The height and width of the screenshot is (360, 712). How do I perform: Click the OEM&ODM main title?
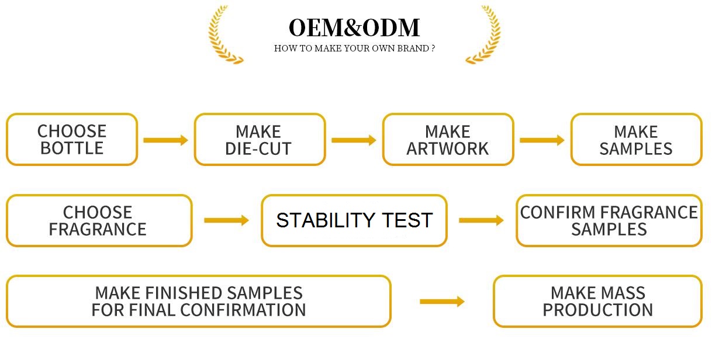[x=354, y=27]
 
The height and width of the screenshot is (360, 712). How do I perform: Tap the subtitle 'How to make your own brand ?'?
[x=354, y=49]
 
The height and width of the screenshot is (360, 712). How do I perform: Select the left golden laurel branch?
[x=224, y=34]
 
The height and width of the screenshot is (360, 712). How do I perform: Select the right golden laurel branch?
[x=484, y=34]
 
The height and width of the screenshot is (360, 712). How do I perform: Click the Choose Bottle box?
[x=72, y=140]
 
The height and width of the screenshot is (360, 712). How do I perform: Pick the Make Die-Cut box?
[x=260, y=140]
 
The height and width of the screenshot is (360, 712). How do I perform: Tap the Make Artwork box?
[x=448, y=140]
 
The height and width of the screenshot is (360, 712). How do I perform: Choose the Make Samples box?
[x=636, y=140]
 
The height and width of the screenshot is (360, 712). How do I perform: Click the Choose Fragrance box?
[x=99, y=220]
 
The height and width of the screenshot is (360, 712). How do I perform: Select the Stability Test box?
[x=354, y=220]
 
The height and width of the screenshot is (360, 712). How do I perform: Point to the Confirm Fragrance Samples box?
[x=609, y=220]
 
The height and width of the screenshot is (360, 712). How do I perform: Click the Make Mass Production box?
[x=597, y=302]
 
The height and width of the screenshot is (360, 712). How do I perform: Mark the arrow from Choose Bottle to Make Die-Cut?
[x=165, y=140]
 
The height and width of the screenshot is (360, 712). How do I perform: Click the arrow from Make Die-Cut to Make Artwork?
[x=354, y=140]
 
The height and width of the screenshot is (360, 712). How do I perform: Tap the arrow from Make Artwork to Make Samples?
[x=542, y=140]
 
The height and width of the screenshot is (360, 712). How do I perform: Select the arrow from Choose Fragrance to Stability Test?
[x=226, y=220]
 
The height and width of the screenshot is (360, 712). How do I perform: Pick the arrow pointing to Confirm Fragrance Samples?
[x=481, y=220]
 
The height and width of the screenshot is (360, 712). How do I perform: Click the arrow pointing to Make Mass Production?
[x=442, y=302]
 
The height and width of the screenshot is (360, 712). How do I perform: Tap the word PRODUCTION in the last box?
[x=597, y=310]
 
